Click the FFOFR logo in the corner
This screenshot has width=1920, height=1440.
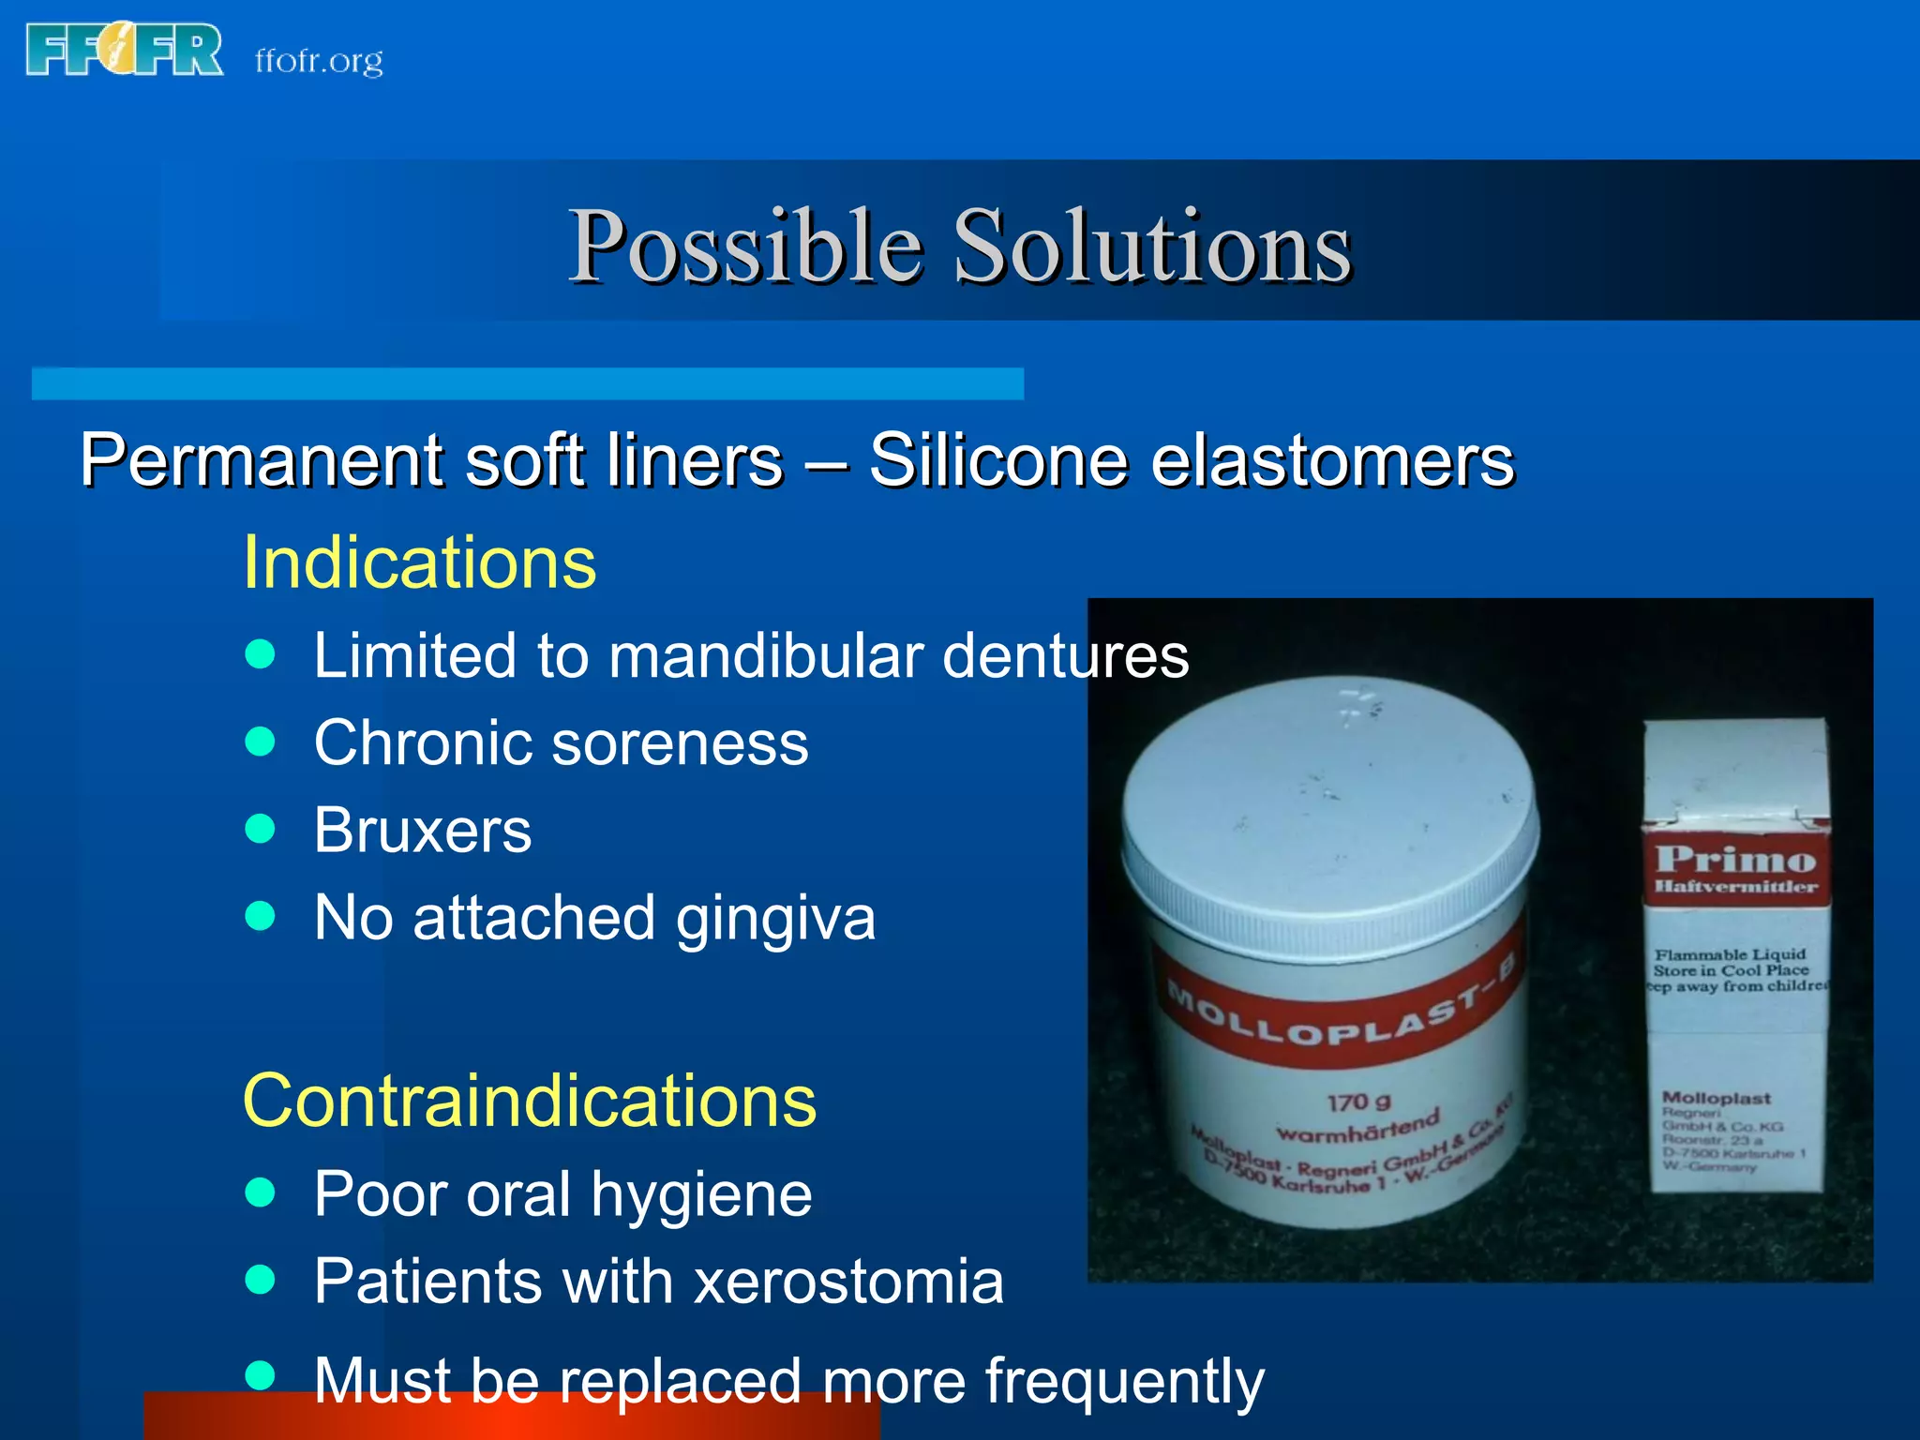tap(125, 51)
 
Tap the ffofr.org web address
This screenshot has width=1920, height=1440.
tap(319, 61)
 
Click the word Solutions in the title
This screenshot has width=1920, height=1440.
tap(1152, 246)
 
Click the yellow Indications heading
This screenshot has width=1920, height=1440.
tap(419, 562)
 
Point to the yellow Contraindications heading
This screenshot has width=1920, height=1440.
tap(530, 1101)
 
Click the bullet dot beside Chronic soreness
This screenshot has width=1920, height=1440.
tap(260, 742)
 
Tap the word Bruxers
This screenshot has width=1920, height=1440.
tap(423, 831)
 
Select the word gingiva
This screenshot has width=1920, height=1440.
tap(775, 919)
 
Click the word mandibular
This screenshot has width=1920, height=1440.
tap(765, 655)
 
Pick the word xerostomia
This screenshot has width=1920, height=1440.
tap(848, 1282)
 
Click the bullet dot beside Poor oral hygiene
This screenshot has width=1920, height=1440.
tap(260, 1192)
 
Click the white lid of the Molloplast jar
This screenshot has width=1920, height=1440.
tap(1329, 806)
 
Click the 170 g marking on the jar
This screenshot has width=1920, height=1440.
tap(1358, 1102)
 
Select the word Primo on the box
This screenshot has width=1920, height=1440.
tap(1735, 859)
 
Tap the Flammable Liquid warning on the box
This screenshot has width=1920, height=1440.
tap(1730, 954)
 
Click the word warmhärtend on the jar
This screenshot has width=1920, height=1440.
tap(1357, 1129)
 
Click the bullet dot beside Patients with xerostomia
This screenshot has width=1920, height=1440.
tap(260, 1280)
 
